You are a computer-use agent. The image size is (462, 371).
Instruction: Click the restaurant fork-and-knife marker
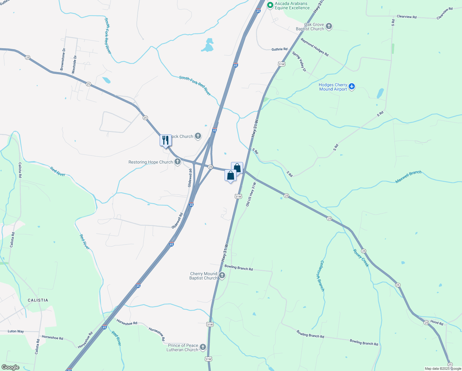coord(166,140)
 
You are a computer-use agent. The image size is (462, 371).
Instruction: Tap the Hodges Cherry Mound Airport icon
coord(352,87)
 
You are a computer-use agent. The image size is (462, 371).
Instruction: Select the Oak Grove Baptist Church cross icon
coord(329,26)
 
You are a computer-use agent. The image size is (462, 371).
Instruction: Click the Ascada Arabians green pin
coord(270,5)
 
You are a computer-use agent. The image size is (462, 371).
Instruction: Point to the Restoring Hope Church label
coord(151,162)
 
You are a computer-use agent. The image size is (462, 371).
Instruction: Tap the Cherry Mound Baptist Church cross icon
coord(222,275)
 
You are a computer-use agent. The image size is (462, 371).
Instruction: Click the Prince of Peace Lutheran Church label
coord(183,348)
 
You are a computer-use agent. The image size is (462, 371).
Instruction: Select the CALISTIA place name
coord(38,300)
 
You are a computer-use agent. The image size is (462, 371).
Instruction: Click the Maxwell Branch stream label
coord(408,177)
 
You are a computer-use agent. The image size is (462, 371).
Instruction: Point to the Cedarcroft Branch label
coord(322,276)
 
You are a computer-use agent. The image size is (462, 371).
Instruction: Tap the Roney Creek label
coord(361,258)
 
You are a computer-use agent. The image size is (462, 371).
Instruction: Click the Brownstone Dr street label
coord(63,59)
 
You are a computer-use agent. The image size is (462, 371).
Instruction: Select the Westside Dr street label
coord(74,64)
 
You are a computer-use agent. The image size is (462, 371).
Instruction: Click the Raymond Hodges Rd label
coord(315,47)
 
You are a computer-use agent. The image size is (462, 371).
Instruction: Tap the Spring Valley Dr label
coord(299,62)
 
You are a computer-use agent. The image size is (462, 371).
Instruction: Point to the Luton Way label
coord(16,331)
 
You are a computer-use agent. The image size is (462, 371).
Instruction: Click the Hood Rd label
coord(437,322)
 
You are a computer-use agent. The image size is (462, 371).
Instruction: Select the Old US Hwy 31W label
coord(251,194)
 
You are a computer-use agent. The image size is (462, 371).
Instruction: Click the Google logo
coord(10,367)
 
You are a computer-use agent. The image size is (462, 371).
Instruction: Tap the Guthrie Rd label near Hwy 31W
coord(279,49)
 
